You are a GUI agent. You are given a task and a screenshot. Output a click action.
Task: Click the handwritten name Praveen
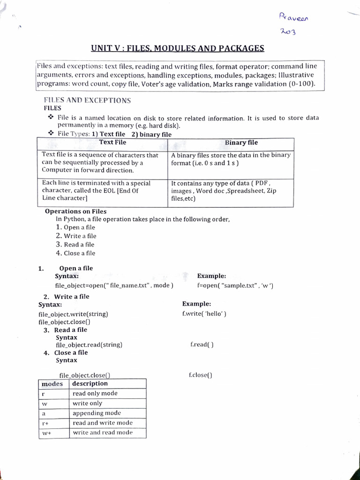tap(294, 18)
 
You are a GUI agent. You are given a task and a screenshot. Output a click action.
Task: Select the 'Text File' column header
tap(112, 142)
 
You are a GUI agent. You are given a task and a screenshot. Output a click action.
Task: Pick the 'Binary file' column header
tap(241, 142)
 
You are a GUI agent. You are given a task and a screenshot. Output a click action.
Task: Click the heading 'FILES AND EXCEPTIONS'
tap(87, 100)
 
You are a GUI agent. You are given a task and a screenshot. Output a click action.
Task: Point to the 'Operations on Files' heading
tap(75, 211)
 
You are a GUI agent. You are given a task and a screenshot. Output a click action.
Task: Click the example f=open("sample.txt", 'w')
tap(235, 285)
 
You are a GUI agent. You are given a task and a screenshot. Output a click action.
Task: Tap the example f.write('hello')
tap(204, 314)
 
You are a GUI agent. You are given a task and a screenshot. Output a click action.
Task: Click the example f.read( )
tap(202, 345)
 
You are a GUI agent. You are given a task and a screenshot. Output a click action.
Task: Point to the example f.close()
tap(201, 375)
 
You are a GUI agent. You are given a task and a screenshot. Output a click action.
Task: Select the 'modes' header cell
tap(52, 384)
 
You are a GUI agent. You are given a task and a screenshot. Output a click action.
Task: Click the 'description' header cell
tap(90, 384)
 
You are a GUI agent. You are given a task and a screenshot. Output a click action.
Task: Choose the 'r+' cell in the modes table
tap(45, 423)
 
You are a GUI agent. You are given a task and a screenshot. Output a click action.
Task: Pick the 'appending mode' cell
tap(97, 413)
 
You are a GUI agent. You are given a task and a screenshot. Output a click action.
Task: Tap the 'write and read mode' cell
tap(103, 433)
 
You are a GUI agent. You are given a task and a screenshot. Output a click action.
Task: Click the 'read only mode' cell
tap(95, 393)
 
